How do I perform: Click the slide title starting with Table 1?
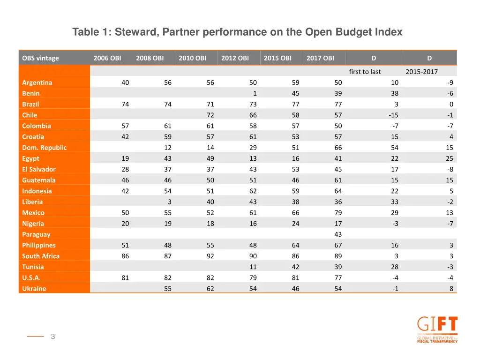point(237,32)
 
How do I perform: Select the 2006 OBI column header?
point(107,58)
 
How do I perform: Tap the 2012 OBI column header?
point(235,58)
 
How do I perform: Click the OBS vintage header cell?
point(40,58)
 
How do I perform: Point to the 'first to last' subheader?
point(365,72)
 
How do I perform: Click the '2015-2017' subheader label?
point(421,72)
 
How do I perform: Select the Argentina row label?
point(37,82)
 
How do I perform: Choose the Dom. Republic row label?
point(44,148)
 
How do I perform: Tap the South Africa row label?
point(41,256)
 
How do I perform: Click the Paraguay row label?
point(36,234)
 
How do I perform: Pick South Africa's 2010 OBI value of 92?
point(210,256)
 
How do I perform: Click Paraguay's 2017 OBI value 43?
point(338,234)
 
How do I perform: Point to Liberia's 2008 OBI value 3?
point(169,202)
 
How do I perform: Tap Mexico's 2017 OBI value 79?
point(338,213)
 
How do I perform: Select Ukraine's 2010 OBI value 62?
point(210,289)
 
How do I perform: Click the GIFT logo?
point(437,330)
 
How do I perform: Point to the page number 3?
point(53,336)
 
